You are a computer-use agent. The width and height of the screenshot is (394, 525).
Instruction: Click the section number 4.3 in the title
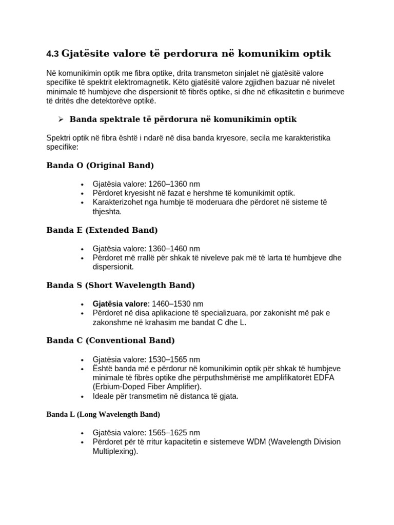(x=52, y=54)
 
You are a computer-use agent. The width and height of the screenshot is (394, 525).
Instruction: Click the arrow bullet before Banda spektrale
(x=61, y=119)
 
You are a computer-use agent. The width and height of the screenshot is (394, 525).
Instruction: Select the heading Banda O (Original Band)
(x=100, y=166)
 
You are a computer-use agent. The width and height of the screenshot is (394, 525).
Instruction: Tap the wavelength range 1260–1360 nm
(x=174, y=184)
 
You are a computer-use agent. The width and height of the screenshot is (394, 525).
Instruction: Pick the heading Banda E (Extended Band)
(x=102, y=230)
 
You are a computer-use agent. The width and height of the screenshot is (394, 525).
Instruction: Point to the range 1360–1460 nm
(x=174, y=249)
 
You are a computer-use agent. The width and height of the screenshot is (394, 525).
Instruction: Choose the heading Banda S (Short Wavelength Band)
(x=121, y=285)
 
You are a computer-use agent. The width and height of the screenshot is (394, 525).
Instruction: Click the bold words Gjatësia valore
(x=121, y=304)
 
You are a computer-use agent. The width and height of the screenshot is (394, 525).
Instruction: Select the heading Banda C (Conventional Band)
(x=110, y=340)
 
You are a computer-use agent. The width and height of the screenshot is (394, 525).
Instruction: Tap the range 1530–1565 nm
(x=174, y=359)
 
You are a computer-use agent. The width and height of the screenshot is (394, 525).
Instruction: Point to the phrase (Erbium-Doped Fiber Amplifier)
(x=147, y=387)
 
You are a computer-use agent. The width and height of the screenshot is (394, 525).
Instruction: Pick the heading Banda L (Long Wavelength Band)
(x=103, y=414)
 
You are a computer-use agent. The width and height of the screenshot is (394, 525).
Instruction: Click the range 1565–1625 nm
(x=174, y=433)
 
